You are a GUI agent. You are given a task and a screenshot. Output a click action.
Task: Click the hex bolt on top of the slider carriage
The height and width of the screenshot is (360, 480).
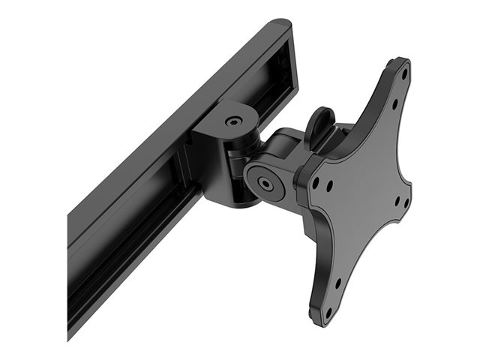[234, 119]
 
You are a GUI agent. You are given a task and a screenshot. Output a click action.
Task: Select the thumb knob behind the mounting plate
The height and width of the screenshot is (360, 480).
[320, 124]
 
